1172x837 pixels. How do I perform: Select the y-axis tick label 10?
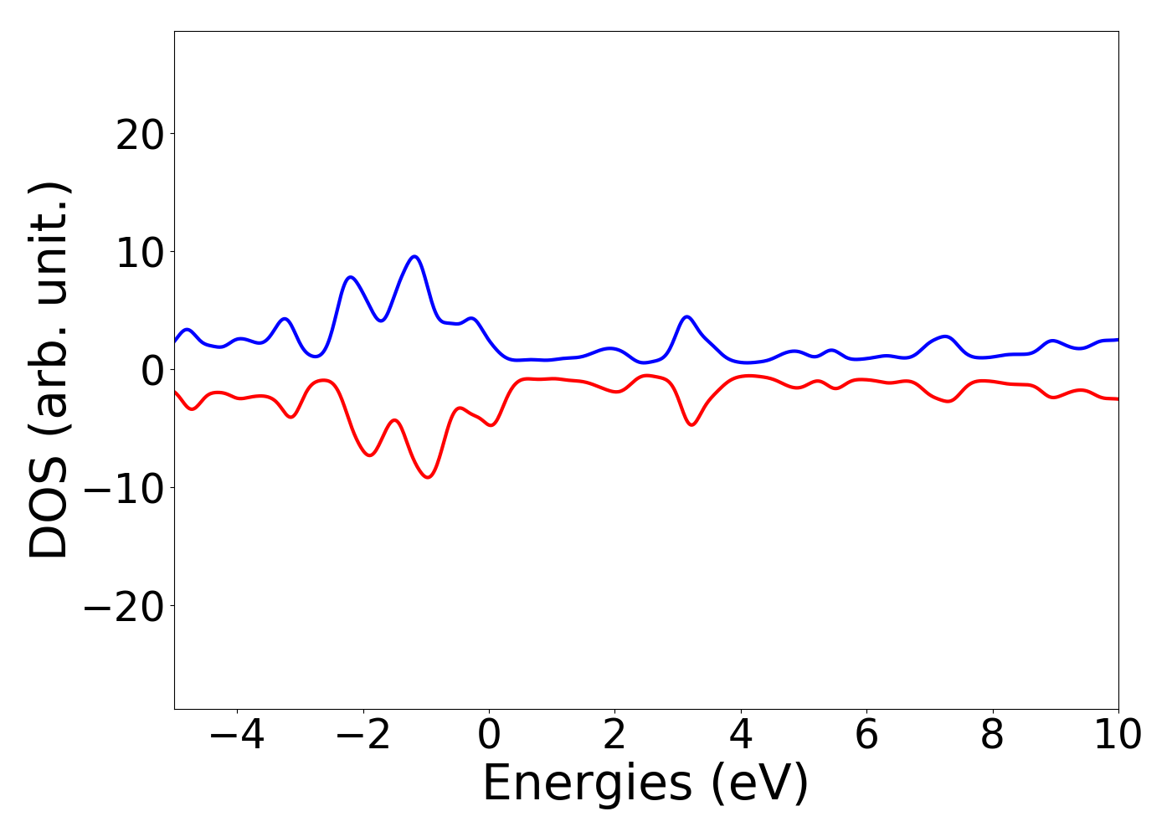click(x=139, y=252)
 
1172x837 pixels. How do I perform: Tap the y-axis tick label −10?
click(x=124, y=488)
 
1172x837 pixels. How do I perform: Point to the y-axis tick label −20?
click(x=124, y=606)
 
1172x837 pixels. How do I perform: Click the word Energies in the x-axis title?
click(x=587, y=784)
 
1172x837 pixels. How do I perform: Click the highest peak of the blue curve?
click(x=414, y=256)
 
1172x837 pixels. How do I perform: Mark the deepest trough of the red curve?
click(x=428, y=477)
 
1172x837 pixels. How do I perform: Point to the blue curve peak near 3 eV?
click(x=686, y=316)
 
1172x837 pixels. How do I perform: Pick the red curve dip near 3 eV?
click(x=691, y=424)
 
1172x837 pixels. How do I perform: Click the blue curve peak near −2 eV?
click(x=351, y=276)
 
